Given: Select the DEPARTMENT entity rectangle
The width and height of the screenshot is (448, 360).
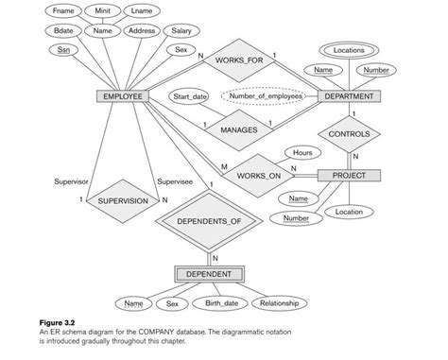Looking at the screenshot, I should point(348,96).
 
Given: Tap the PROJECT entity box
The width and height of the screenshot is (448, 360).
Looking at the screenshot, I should point(348,176).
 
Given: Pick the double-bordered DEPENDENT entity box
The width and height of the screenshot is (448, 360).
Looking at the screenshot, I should point(210,274).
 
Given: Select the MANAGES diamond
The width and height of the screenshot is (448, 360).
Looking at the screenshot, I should point(237,129).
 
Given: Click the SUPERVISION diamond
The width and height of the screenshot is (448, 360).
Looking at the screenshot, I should point(122,200).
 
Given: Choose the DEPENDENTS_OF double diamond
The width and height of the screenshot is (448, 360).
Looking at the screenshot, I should point(210,220).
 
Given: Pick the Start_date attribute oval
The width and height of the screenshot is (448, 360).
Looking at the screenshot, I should point(190,96).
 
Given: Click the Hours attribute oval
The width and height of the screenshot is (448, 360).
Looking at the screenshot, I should point(302,152).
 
